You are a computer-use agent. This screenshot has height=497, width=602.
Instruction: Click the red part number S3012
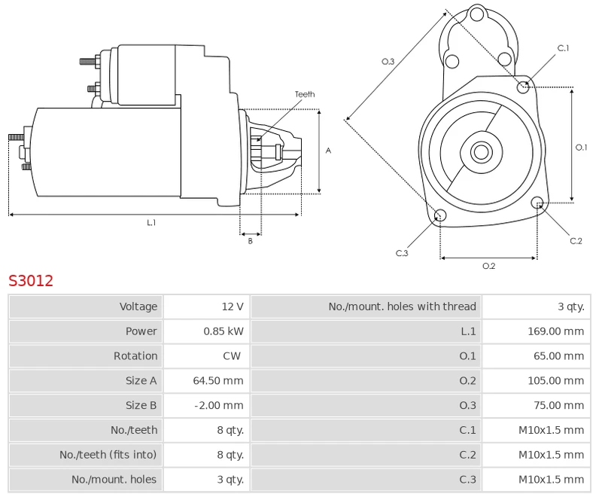pyautogui.click(x=31, y=281)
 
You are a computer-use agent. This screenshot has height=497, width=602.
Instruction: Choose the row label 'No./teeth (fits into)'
pyautogui.click(x=108, y=455)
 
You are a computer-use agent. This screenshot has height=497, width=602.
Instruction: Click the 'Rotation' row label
pyautogui.click(x=135, y=356)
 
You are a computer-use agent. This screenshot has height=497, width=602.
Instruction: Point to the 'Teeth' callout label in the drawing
pyautogui.click(x=305, y=94)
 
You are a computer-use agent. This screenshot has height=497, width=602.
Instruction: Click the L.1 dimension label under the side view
pyautogui.click(x=151, y=223)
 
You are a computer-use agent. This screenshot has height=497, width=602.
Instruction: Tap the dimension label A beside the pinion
pyautogui.click(x=328, y=151)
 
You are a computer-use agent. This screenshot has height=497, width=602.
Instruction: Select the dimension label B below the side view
pyautogui.click(x=251, y=242)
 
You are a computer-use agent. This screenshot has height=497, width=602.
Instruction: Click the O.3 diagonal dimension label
pyautogui.click(x=388, y=62)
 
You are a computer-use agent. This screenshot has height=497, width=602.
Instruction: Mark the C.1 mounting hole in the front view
pyautogui.click(x=524, y=87)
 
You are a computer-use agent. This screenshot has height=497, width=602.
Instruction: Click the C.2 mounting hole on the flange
pyautogui.click(x=537, y=203)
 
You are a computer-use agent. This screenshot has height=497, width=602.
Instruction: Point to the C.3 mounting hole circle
pyautogui.click(x=441, y=217)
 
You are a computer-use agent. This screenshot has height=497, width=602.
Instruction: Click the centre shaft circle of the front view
pyautogui.click(x=480, y=152)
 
